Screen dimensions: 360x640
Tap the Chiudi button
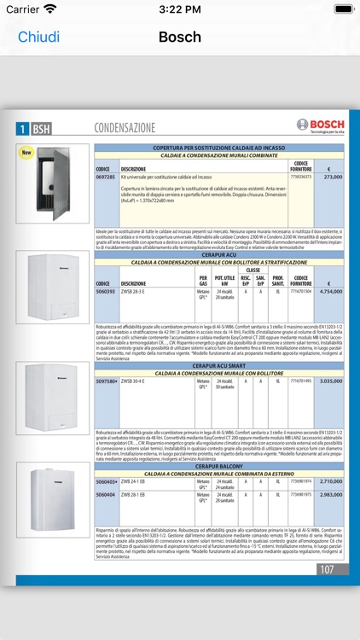coord(38,38)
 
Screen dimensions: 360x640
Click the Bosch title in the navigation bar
coord(180,38)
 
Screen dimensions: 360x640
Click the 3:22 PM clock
coord(180,9)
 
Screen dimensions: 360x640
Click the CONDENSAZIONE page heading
coord(125,128)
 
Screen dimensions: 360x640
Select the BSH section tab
coord(41,129)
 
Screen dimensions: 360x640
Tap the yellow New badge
coord(26,153)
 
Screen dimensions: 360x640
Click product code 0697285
coord(105,177)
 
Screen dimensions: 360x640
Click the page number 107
coord(328,569)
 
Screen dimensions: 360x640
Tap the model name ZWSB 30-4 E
coord(133,381)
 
